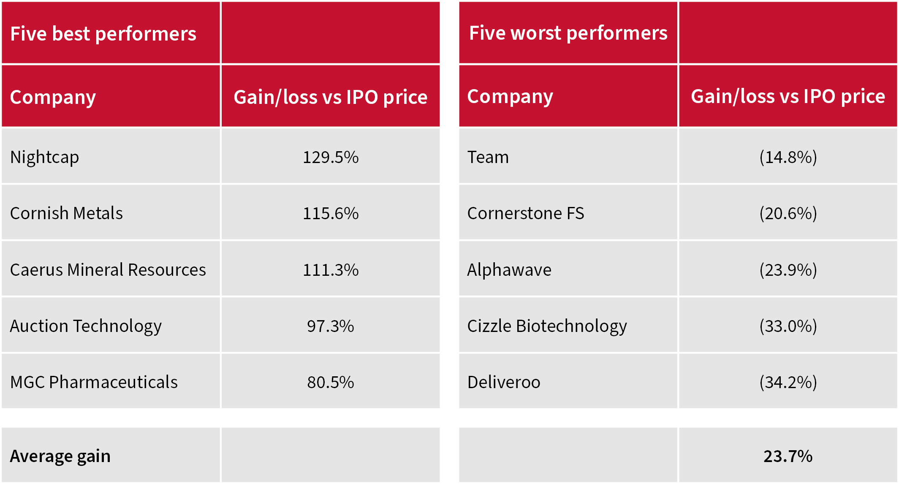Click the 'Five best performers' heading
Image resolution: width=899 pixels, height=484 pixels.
pyautogui.click(x=103, y=34)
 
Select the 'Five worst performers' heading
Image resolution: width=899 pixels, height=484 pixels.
pyautogui.click(x=568, y=33)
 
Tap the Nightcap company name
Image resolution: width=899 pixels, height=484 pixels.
pyautogui.click(x=44, y=157)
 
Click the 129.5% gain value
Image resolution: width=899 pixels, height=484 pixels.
pyautogui.click(x=331, y=157)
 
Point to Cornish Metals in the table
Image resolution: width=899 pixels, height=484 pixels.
pyautogui.click(x=66, y=213)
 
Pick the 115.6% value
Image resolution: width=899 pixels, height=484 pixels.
pyautogui.click(x=331, y=213)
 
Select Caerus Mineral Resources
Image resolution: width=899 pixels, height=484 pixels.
pyautogui.click(x=108, y=270)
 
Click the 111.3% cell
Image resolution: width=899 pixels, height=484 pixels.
pyautogui.click(x=331, y=270)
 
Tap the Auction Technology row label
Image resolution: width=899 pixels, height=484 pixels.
pyautogui.click(x=86, y=326)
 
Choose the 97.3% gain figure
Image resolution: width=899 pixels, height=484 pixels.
pyautogui.click(x=331, y=326)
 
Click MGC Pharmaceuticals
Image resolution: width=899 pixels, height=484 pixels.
pyautogui.click(x=94, y=382)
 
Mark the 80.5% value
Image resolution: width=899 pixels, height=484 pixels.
pyautogui.click(x=331, y=382)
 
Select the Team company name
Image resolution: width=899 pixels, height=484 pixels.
pyautogui.click(x=488, y=157)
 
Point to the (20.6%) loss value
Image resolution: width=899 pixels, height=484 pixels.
pyautogui.click(x=788, y=213)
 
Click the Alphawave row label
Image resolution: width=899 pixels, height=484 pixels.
pyautogui.click(x=509, y=270)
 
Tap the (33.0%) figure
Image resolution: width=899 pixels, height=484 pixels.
pyautogui.click(x=788, y=326)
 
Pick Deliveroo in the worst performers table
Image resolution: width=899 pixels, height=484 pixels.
pyautogui.click(x=504, y=382)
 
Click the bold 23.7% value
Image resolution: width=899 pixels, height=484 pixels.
pyautogui.click(x=788, y=456)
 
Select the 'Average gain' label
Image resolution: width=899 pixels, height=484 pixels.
pyautogui.click(x=60, y=456)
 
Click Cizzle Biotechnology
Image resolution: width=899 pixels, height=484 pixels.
pyautogui.click(x=547, y=326)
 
